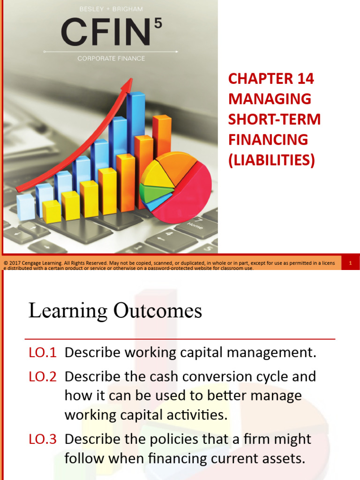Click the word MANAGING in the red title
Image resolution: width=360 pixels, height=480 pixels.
pyautogui.click(x=270, y=99)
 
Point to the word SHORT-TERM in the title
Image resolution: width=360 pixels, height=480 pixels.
pyautogui.click(x=274, y=119)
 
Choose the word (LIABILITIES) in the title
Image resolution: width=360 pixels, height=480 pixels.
pyautogui.click(x=271, y=160)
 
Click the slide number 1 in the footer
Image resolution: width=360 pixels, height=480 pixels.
pyautogui.click(x=350, y=263)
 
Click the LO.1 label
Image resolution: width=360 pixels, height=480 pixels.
pyautogui.click(x=42, y=353)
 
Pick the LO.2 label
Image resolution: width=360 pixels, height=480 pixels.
pyautogui.click(x=42, y=376)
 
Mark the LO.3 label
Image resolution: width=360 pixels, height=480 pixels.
pyautogui.click(x=42, y=439)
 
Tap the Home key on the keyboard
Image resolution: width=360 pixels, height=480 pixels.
pyautogui.click(x=195, y=225)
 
